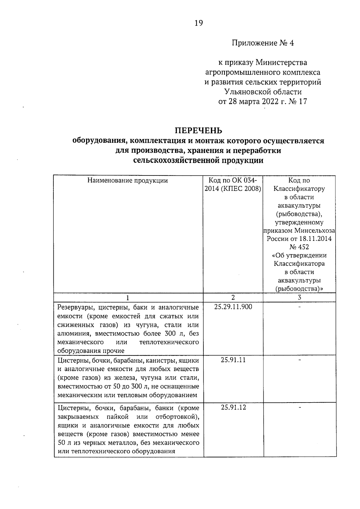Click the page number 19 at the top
[199, 23]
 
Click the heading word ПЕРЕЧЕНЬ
[198, 130]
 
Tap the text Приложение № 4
[263, 43]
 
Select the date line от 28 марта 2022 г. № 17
[262, 102]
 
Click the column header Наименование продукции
[127, 181]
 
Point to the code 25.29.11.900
[233, 307]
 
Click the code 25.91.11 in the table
[233, 360]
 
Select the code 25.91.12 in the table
[233, 407]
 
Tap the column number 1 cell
[128, 298]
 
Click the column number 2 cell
[233, 297]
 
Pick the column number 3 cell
[299, 298]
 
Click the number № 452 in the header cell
[299, 247]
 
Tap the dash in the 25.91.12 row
[299, 407]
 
